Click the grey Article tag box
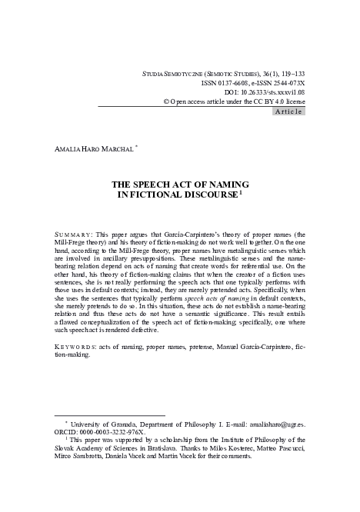click(x=289, y=111)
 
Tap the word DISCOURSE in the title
click(x=202, y=195)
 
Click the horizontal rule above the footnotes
click(x=104, y=414)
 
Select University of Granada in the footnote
click(x=106, y=422)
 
